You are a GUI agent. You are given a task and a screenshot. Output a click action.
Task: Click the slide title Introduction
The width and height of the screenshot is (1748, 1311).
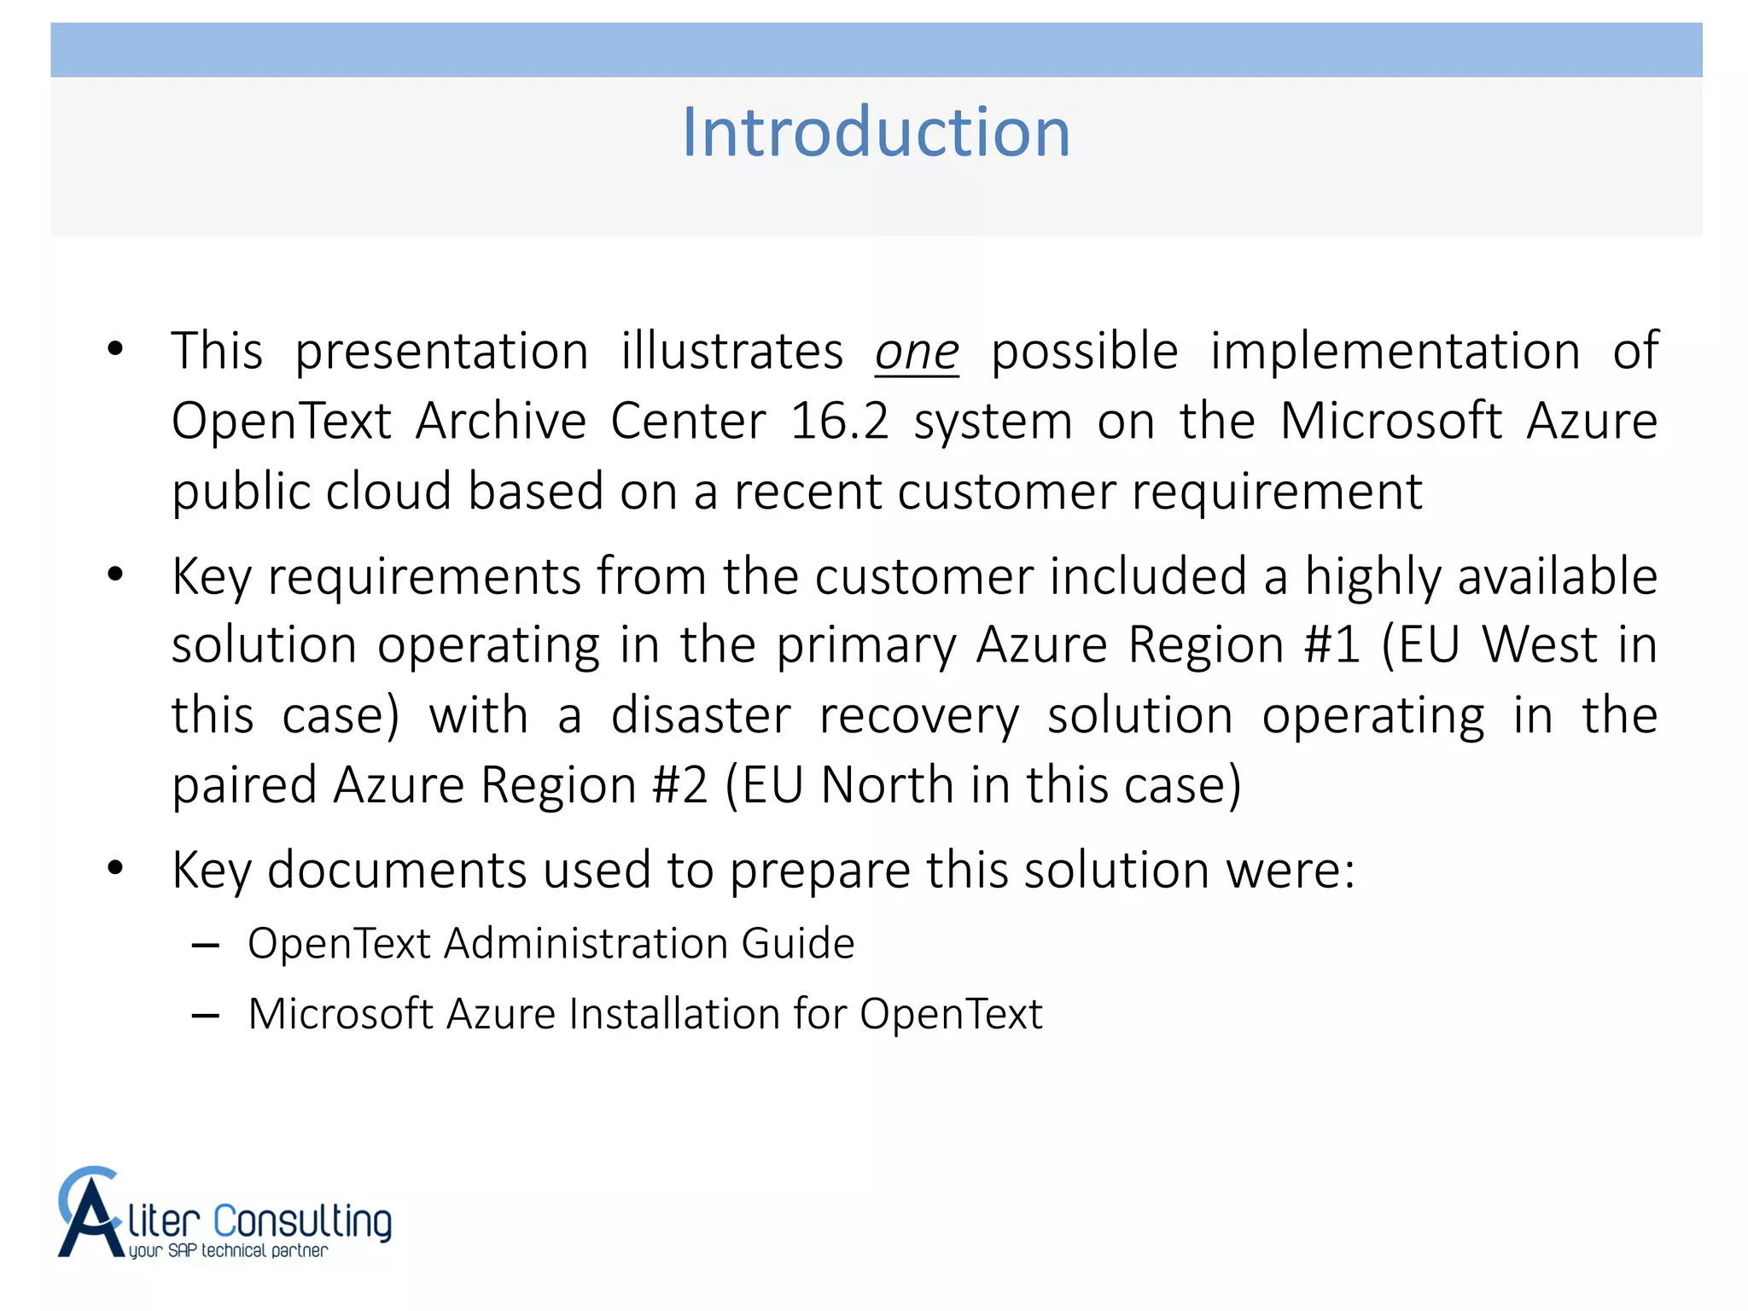pyautogui.click(x=876, y=132)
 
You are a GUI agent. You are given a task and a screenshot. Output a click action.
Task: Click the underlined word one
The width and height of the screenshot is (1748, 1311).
pyautogui.click(x=917, y=353)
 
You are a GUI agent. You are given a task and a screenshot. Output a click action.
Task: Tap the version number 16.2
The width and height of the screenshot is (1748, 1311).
pyautogui.click(x=839, y=421)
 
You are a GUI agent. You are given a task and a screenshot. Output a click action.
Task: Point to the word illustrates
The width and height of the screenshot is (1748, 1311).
pyautogui.click(x=731, y=351)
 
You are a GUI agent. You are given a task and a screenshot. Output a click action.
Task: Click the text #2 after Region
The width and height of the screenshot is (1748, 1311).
pyautogui.click(x=679, y=785)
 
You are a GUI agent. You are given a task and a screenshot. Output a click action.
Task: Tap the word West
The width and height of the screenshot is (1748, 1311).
pyautogui.click(x=1540, y=644)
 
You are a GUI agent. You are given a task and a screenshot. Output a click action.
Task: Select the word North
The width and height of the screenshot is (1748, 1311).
pyautogui.click(x=887, y=785)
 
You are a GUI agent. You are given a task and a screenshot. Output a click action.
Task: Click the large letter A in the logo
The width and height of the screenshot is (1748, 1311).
pyautogui.click(x=90, y=1215)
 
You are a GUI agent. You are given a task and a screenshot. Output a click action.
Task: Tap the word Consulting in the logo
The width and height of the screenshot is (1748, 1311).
pyautogui.click(x=302, y=1221)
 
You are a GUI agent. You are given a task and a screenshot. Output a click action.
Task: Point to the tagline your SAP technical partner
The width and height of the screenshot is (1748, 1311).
pyautogui.click(x=228, y=1251)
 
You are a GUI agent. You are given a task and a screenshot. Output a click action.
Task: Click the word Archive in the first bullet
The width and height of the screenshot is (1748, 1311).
pyautogui.click(x=501, y=421)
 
